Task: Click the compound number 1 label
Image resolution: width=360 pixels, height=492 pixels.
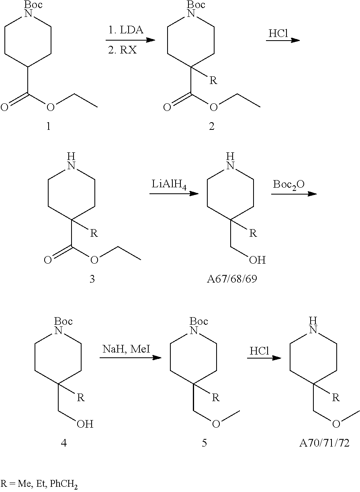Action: click(49, 127)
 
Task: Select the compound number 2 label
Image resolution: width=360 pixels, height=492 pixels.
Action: click(212, 127)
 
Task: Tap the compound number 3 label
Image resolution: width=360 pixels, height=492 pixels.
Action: click(92, 279)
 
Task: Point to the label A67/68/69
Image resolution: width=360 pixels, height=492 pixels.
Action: click(232, 279)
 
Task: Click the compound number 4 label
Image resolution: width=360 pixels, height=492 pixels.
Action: click(63, 443)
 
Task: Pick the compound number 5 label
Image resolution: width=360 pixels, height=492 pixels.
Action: click(204, 443)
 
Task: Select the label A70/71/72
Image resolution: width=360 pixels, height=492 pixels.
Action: click(324, 443)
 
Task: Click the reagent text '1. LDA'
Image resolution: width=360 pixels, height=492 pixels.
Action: click(126, 30)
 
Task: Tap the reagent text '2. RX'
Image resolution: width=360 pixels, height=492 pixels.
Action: click(123, 50)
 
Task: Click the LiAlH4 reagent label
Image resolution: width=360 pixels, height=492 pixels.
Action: click(169, 184)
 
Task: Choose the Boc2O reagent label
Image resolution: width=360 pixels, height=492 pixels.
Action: click(288, 185)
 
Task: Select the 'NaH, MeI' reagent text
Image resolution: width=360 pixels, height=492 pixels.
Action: click(126, 349)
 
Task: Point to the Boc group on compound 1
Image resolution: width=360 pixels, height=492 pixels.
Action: click(33, 4)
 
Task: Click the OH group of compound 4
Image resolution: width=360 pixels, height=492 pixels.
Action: click(85, 424)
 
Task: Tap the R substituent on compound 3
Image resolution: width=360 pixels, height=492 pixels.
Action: click(94, 233)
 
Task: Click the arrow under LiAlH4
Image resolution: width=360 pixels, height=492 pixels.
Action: click(174, 193)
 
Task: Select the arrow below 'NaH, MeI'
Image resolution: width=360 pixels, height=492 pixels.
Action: click(131, 358)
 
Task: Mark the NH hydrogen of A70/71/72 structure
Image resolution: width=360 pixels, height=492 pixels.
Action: click(313, 321)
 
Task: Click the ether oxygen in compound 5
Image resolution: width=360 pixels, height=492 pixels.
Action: click(216, 424)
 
